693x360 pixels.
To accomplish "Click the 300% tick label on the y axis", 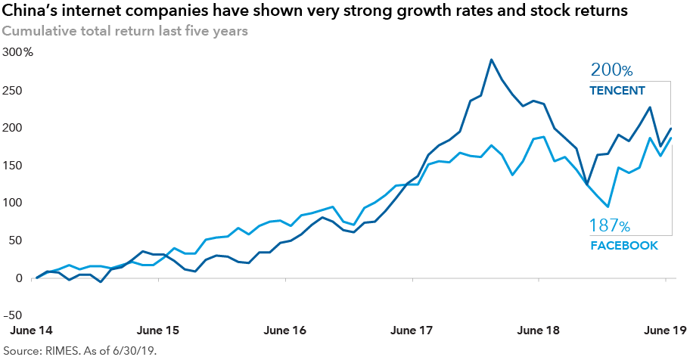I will pos(18,52).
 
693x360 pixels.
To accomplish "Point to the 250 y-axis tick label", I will pos(14,90).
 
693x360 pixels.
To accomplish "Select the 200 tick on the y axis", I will pos(14,128).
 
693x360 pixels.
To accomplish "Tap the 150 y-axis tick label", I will pos(14,166).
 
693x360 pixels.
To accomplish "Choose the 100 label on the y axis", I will pos(14,203).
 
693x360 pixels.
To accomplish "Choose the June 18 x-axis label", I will pos(538,331).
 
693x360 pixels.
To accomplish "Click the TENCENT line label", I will pos(617,91).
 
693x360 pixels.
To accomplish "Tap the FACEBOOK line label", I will pos(623,246).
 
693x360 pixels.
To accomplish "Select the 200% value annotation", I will pos(611,70).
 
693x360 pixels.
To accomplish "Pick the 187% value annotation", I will pos(610,225).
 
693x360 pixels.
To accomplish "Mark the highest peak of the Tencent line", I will pos(491,59).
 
